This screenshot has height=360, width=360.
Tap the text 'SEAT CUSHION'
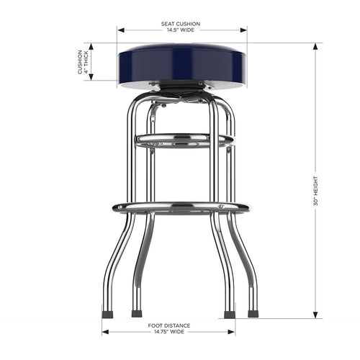pyautogui.click(x=180, y=24)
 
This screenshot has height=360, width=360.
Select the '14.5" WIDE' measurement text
pyautogui.click(x=180, y=30)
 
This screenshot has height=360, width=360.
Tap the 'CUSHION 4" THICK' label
pyautogui.click(x=84, y=62)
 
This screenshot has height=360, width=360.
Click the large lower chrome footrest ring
pyautogui.click(x=180, y=207)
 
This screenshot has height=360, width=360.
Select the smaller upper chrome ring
pyautogui.click(x=184, y=138)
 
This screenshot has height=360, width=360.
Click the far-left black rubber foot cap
pyautogui.click(x=107, y=314)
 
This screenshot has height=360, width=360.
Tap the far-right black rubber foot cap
pyautogui.click(x=253, y=314)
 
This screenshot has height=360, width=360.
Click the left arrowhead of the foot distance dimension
pyautogui.click(x=105, y=333)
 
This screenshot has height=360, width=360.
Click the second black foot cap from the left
pyautogui.click(x=137, y=314)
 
